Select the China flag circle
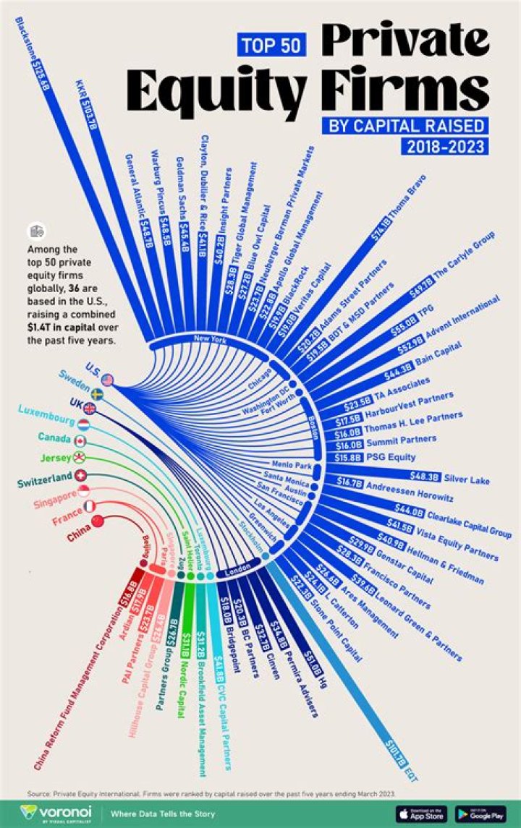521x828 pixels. click(x=97, y=521)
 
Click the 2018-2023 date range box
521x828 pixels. click(x=443, y=146)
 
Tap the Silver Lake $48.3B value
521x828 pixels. click(x=425, y=477)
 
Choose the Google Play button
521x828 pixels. click(x=480, y=813)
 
